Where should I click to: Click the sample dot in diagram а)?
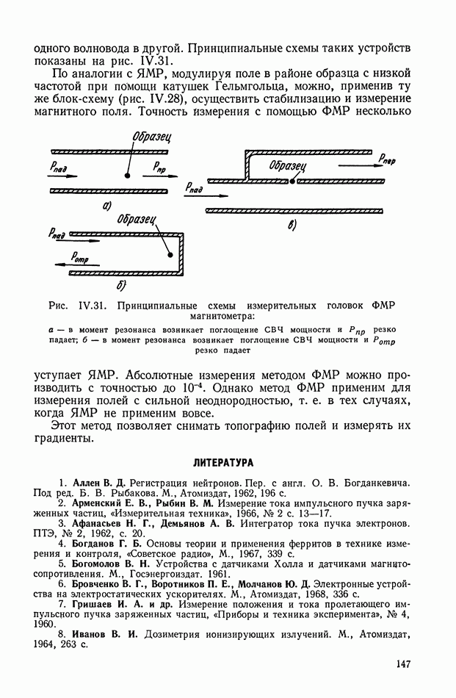pyautogui.click(x=128, y=176)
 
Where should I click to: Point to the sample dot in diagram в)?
pyautogui.click(x=293, y=179)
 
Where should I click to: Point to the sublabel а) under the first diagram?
pyautogui.click(x=107, y=206)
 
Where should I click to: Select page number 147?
pyautogui.click(x=401, y=664)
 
